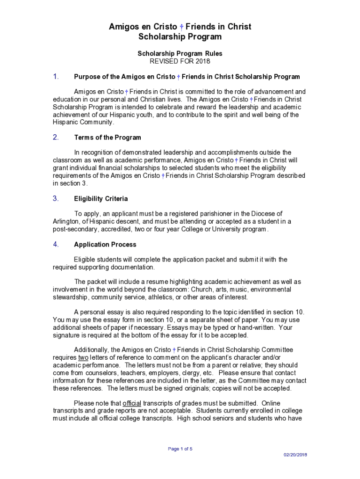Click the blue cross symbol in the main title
(x=181, y=27)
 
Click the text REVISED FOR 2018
(x=180, y=61)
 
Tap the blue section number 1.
(x=56, y=77)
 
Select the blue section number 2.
(x=56, y=138)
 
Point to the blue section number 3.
(x=56, y=198)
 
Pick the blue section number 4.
(x=56, y=244)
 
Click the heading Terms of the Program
(x=108, y=138)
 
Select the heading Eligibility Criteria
(x=101, y=199)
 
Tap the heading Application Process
(x=105, y=245)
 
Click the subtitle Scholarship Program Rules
(x=180, y=54)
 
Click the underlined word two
(x=83, y=358)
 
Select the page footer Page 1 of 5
(x=180, y=449)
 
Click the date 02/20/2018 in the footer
(x=295, y=455)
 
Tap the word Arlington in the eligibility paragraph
(x=65, y=221)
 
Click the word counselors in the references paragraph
(x=99, y=373)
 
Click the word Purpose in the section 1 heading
(x=87, y=77)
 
